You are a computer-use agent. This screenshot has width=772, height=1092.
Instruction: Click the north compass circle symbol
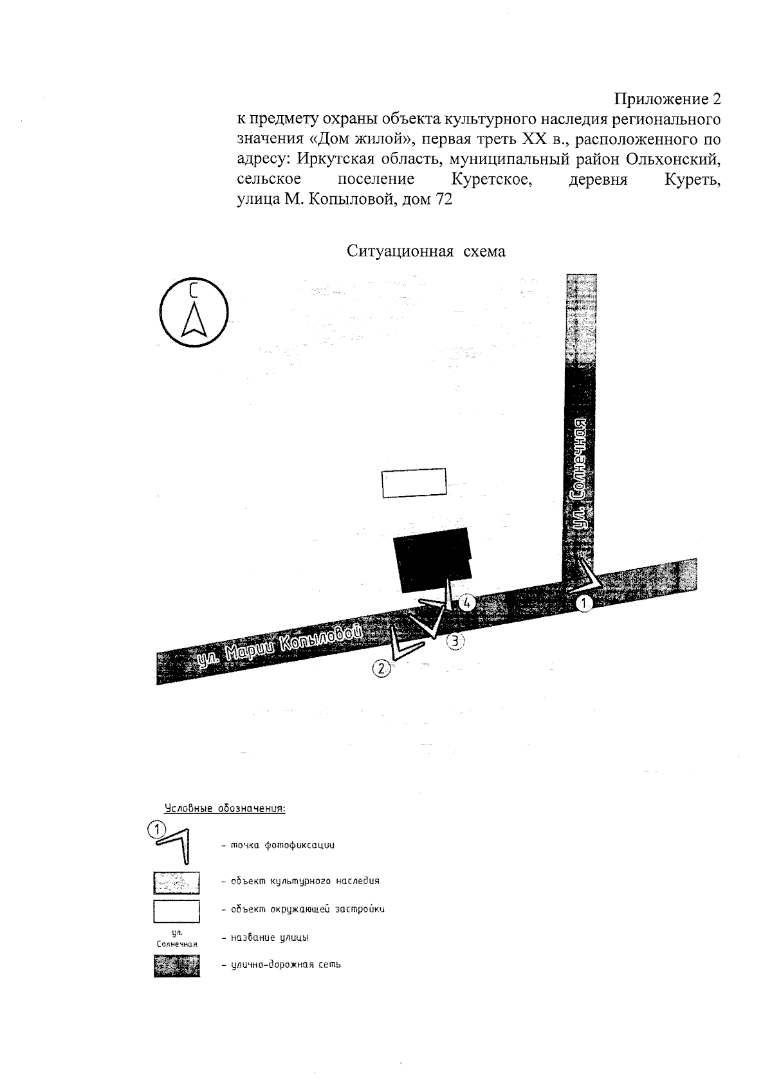click(x=194, y=312)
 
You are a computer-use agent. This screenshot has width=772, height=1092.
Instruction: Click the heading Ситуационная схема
click(x=426, y=251)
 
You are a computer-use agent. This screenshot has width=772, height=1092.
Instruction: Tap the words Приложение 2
click(x=667, y=100)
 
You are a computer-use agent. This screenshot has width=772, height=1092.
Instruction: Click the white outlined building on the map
click(x=414, y=483)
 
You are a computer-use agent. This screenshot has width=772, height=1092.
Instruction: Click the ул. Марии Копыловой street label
click(x=277, y=645)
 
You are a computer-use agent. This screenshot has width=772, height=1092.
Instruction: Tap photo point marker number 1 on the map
click(x=584, y=604)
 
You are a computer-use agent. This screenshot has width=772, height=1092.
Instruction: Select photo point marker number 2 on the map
click(x=381, y=669)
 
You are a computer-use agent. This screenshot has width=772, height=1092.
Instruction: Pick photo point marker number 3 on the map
click(x=455, y=640)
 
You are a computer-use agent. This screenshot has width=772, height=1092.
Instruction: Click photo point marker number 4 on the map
click(x=467, y=603)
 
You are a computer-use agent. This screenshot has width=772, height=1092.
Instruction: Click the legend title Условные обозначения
click(x=225, y=808)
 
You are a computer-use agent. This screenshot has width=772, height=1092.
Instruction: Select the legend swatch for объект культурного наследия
click(x=176, y=882)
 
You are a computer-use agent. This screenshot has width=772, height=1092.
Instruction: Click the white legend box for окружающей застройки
click(x=176, y=911)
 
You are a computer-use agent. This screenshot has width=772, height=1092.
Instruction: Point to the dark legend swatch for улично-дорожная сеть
click(x=176, y=966)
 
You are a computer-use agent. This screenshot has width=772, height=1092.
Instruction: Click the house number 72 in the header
click(x=444, y=199)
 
